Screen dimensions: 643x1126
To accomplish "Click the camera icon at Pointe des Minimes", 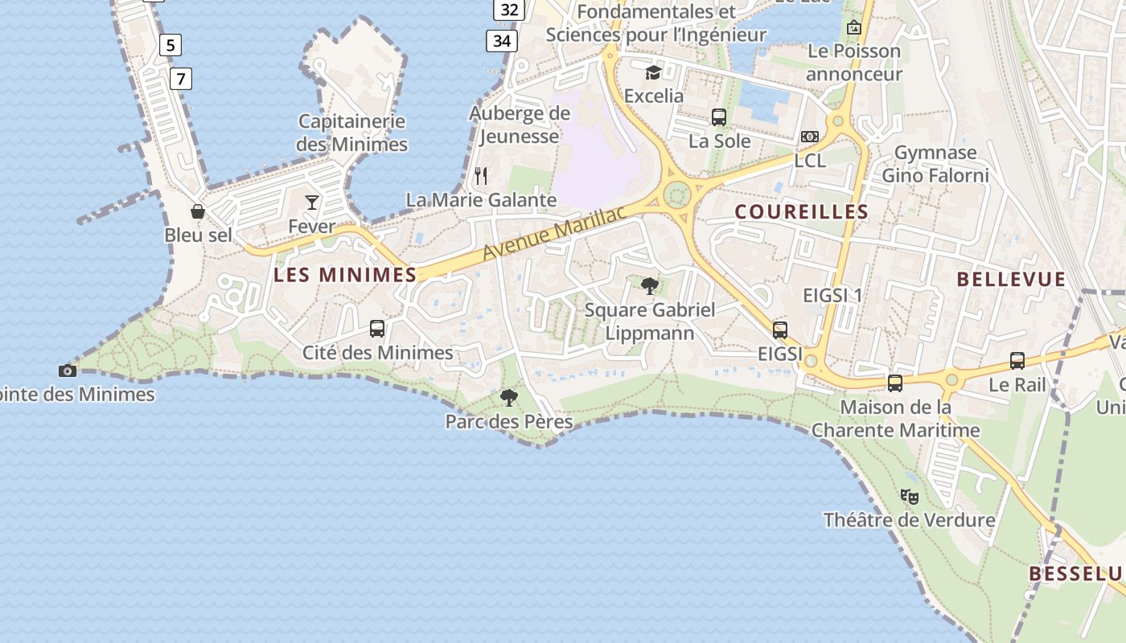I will click(x=68, y=371).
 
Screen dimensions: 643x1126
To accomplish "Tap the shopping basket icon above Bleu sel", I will click(x=198, y=211).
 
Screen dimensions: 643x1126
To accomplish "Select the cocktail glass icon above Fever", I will click(x=312, y=202).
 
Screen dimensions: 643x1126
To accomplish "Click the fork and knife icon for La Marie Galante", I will click(x=481, y=175).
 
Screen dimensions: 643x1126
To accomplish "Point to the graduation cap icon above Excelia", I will click(x=653, y=72).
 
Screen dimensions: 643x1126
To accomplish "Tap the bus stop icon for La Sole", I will click(x=719, y=117).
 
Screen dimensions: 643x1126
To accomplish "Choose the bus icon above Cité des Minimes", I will click(x=377, y=328).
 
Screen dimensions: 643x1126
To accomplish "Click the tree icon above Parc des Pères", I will click(x=508, y=397).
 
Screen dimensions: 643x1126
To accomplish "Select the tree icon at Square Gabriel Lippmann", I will click(x=650, y=285).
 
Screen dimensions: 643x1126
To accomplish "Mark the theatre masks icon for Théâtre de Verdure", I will click(x=910, y=496).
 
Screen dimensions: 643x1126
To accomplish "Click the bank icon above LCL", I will click(x=810, y=137).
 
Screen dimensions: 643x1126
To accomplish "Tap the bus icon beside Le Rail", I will click(x=1017, y=361).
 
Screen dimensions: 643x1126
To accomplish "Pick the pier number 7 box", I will click(x=182, y=78).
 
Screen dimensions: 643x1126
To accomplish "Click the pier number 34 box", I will click(x=501, y=39).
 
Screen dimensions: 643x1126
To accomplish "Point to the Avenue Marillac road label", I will click(x=554, y=232).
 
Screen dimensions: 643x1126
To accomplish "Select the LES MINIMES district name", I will click(x=345, y=275).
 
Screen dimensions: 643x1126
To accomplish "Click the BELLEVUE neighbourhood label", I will click(x=1011, y=280).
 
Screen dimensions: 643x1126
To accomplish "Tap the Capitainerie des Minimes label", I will click(x=351, y=133).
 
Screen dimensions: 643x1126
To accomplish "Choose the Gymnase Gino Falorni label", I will click(x=935, y=164).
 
